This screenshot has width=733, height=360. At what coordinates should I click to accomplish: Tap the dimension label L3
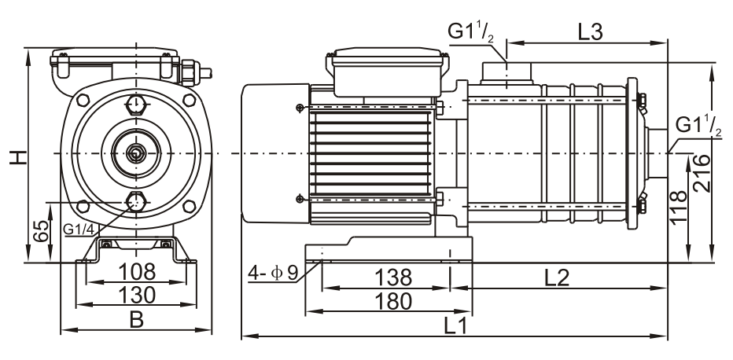591,32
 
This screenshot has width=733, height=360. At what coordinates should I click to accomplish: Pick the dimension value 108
136,273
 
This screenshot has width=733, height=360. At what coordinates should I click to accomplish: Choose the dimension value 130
136,296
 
